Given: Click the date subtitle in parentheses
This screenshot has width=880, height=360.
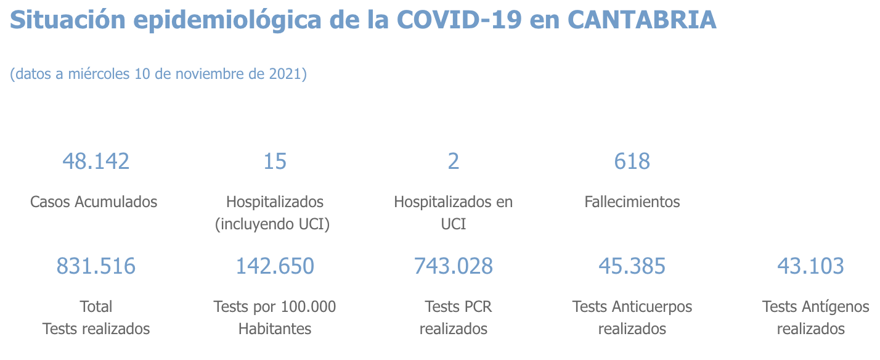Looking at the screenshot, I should (x=158, y=75).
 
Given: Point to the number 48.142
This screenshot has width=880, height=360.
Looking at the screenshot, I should (x=96, y=162).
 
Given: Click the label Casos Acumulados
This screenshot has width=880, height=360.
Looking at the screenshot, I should (x=94, y=202).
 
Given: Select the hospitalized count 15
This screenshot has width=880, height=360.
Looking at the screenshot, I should (x=275, y=162).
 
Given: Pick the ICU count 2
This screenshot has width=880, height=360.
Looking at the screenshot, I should (x=454, y=162).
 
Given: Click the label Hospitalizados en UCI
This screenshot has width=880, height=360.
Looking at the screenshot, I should (x=454, y=212).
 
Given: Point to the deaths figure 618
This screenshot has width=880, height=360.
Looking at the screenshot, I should (x=632, y=162).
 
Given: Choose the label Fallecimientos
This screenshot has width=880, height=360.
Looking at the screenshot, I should (x=632, y=202).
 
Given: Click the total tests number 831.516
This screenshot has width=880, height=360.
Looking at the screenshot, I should (x=96, y=266).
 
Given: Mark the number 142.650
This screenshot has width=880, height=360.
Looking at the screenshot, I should (x=275, y=266).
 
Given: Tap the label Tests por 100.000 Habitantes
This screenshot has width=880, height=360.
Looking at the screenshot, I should (x=275, y=317).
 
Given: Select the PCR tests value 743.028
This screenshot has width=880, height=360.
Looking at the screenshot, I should (x=454, y=266).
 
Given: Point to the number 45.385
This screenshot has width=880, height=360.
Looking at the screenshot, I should (x=632, y=266).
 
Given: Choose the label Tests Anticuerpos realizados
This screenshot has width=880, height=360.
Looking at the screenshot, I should (x=632, y=317).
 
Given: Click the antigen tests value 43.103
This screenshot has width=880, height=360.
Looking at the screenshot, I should (x=810, y=266).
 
